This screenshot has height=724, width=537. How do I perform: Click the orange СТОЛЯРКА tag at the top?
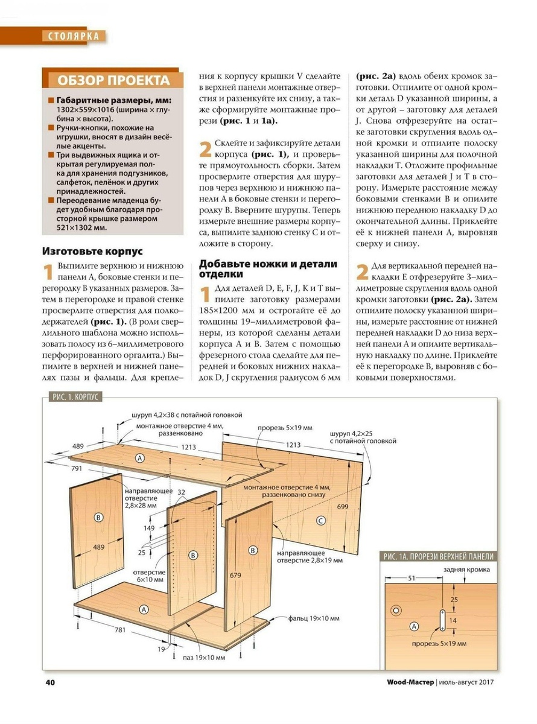pyautogui.click(x=73, y=36)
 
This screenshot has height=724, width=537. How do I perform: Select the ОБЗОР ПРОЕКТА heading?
pyautogui.click(x=113, y=80)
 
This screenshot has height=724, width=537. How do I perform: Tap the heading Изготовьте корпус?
pyautogui.click(x=92, y=252)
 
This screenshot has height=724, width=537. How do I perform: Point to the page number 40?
pyautogui.click(x=50, y=682)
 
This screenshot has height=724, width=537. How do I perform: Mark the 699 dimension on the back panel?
pyautogui.click(x=343, y=506)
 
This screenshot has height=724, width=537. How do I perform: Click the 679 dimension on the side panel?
pyautogui.click(x=236, y=575)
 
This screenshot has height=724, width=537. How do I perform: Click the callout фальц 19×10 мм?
pyautogui.click(x=313, y=618)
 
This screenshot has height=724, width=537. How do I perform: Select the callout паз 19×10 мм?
pyautogui.click(x=205, y=657)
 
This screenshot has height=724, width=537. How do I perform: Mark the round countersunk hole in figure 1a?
pyautogui.click(x=396, y=610)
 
